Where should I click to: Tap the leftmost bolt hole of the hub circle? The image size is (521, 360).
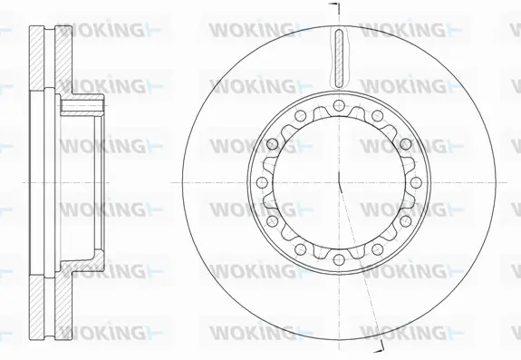263,181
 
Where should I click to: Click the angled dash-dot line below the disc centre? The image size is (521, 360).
358,263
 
